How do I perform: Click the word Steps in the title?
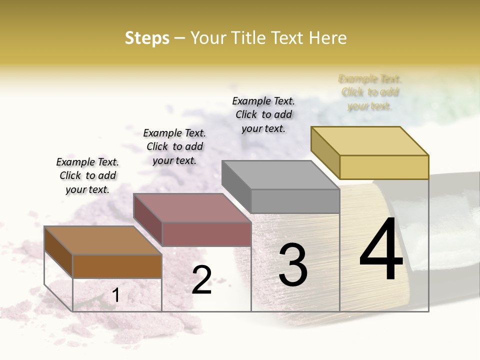tap(147, 38)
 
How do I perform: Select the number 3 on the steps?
tap(293, 265)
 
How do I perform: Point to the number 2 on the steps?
tap(201, 280)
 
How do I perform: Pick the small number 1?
tap(115, 295)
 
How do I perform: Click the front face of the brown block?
tap(117, 266)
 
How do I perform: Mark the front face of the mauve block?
tap(206, 234)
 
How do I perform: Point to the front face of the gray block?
tap(295, 201)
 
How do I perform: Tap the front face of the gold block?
tap(384, 167)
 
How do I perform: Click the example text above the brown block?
tap(87, 175)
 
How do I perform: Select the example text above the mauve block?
tap(174, 146)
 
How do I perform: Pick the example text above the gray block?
tap(263, 114)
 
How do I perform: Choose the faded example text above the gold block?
tap(370, 92)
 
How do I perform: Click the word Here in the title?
tap(328, 38)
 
